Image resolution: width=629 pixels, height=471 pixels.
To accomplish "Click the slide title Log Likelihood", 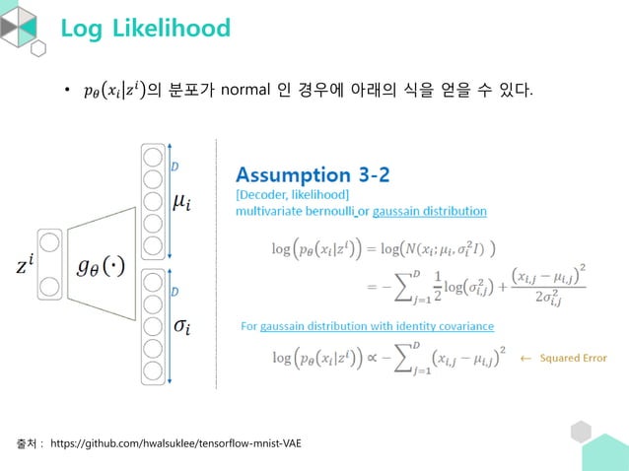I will (145, 28).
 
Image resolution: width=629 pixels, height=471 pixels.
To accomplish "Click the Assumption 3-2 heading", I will (312, 175).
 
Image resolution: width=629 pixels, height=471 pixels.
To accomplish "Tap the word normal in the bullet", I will (247, 93).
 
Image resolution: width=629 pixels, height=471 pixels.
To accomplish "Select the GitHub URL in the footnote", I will (175, 444).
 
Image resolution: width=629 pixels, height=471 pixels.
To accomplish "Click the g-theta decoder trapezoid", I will (102, 264).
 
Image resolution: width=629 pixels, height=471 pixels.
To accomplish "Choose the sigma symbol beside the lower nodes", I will (182, 326).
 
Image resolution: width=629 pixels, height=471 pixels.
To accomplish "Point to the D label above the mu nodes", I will (175, 168).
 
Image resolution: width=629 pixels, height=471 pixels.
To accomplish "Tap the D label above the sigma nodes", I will (175, 293).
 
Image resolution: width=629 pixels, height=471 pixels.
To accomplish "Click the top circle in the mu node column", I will (152, 156).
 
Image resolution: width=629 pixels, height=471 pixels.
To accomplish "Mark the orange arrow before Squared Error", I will (525, 358).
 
